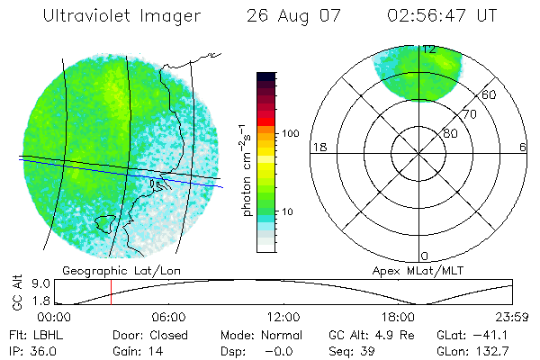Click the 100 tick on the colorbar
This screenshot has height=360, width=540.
290,133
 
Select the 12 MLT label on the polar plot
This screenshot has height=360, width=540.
429,49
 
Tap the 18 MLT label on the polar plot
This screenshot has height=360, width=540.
318,147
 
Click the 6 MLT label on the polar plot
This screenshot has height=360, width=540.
523,147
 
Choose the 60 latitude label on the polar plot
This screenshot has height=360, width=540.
490,94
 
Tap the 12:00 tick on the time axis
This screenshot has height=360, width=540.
283,317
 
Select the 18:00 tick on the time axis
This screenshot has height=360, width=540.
398,317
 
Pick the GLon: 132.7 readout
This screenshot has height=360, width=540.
473,350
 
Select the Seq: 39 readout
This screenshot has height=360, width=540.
355,350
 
